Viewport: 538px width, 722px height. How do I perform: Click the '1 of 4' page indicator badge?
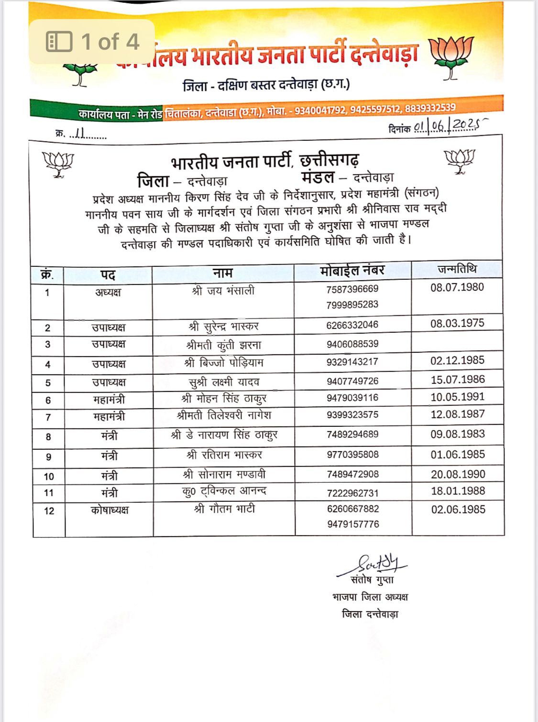coord(92,42)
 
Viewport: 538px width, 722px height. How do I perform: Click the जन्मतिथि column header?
coord(457,269)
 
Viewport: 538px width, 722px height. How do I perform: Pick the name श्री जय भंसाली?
coord(223,291)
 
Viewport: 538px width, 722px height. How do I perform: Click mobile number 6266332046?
coord(352,325)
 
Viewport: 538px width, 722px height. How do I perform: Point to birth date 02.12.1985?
coord(457,361)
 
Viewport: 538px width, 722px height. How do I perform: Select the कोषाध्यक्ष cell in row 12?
coord(110,510)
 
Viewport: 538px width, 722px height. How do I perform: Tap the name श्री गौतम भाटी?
coord(224,509)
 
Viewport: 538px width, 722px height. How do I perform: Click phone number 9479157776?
coord(353,524)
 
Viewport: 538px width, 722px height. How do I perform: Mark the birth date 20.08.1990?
coord(458,474)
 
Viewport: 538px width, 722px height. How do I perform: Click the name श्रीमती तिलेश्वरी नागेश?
coord(224,415)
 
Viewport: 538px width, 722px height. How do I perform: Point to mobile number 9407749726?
coord(352,381)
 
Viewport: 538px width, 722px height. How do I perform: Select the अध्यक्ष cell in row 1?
coord(108,292)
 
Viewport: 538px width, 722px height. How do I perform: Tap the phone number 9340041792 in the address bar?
coord(320,111)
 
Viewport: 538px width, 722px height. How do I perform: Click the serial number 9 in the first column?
coord(48,457)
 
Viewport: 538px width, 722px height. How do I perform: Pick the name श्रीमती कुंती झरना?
coord(224,345)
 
